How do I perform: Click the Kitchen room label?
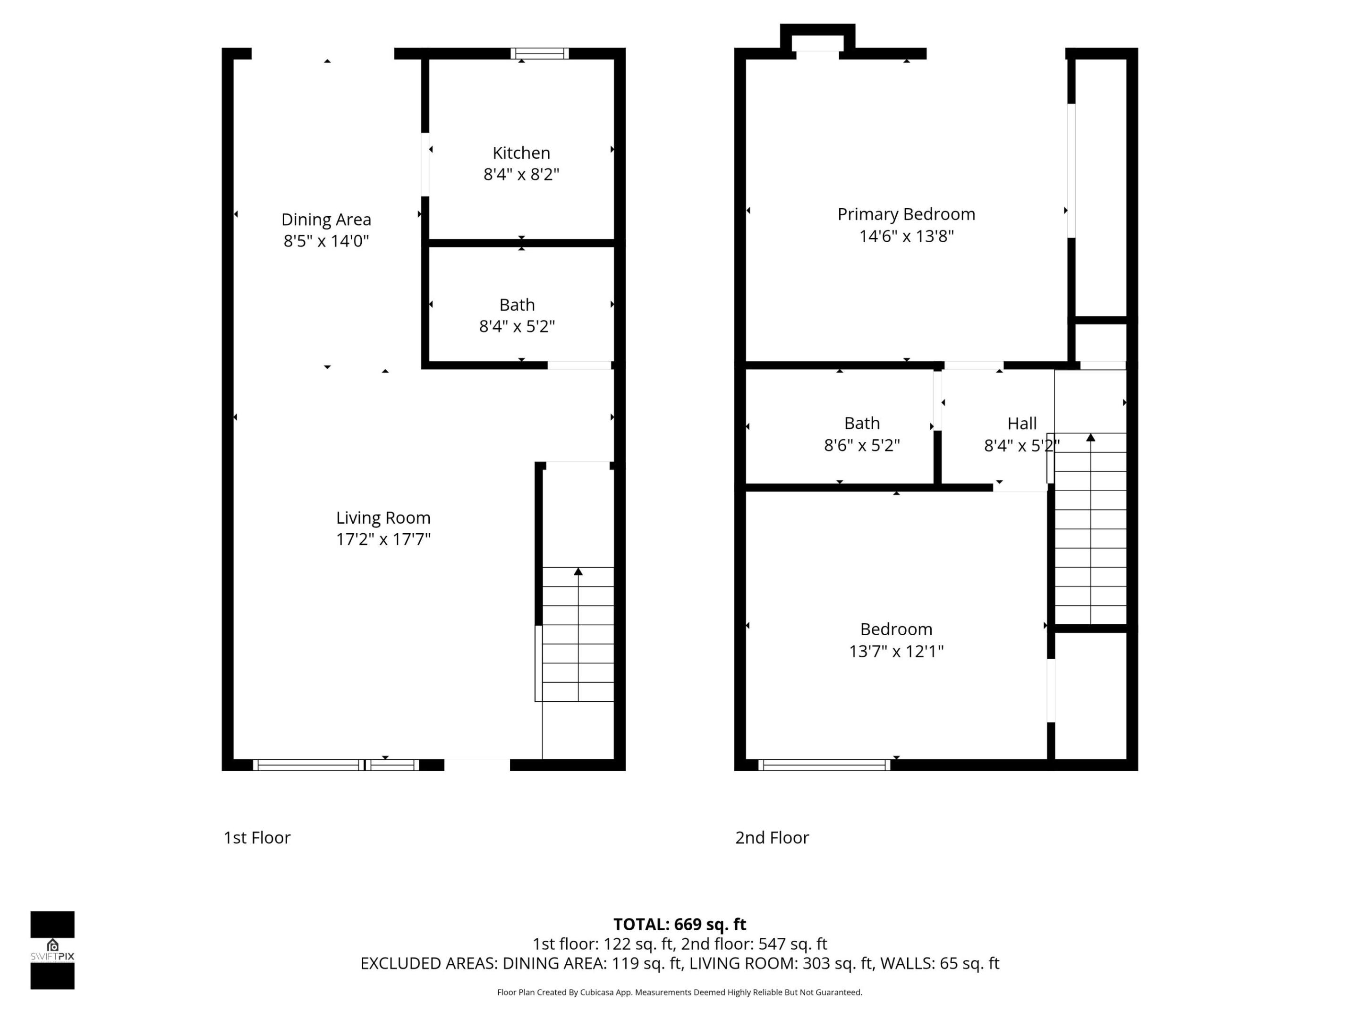[521, 153]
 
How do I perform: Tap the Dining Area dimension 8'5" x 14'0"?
[326, 241]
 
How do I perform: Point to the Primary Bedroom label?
[906, 214]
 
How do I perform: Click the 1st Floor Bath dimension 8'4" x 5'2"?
[517, 326]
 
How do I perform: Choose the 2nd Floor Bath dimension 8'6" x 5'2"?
[861, 445]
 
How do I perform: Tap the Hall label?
[1021, 424]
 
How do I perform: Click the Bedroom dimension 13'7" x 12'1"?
[896, 651]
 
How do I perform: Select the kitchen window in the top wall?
[539, 53]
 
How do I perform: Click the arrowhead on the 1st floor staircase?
[578, 572]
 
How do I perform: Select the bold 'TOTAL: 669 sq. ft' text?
[680, 924]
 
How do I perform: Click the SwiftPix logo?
[52, 950]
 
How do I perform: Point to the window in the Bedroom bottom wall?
[824, 765]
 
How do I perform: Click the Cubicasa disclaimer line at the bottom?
[680, 992]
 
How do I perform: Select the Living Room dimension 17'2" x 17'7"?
[383, 539]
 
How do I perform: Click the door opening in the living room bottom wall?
[477, 765]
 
